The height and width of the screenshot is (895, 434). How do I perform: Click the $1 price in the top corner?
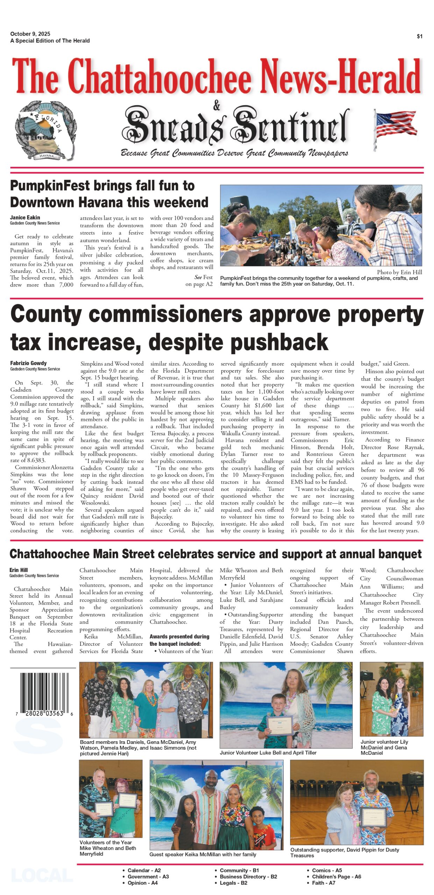click(419, 36)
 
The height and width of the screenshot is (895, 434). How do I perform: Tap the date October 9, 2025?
click(30, 34)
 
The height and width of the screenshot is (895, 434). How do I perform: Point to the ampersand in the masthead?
click(217, 105)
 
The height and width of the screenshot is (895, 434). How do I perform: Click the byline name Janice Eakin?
click(25, 217)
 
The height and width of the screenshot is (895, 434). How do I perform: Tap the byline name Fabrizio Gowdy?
click(28, 363)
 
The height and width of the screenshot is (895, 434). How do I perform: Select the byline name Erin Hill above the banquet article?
click(19, 570)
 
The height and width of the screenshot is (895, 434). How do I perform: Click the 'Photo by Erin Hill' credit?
click(399, 272)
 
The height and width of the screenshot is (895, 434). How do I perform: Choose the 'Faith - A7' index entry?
click(323, 883)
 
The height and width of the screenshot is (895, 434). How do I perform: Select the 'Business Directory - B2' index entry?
click(248, 876)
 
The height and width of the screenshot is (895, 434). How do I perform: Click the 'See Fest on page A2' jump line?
click(199, 280)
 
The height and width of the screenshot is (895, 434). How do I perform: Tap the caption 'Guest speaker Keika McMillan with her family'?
click(202, 854)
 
